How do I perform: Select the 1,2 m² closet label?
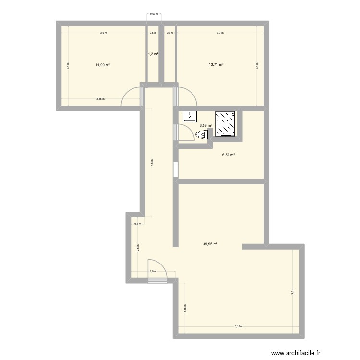153,54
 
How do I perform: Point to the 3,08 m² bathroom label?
206,125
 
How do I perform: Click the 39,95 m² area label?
210,244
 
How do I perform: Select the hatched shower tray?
224,124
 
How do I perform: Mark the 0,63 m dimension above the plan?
154,14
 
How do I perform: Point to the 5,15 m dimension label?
239,327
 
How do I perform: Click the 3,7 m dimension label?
220,33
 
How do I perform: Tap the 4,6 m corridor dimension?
152,162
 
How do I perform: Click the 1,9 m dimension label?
153,272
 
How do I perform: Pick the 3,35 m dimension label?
100,99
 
